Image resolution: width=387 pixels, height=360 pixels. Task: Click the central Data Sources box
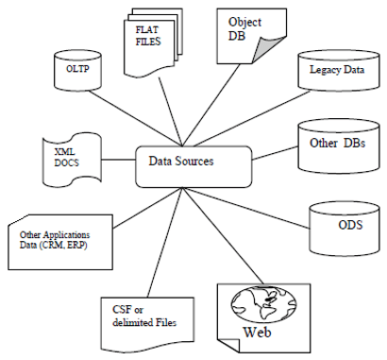pos(193,162)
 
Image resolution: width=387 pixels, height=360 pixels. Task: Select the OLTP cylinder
pos(72,68)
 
